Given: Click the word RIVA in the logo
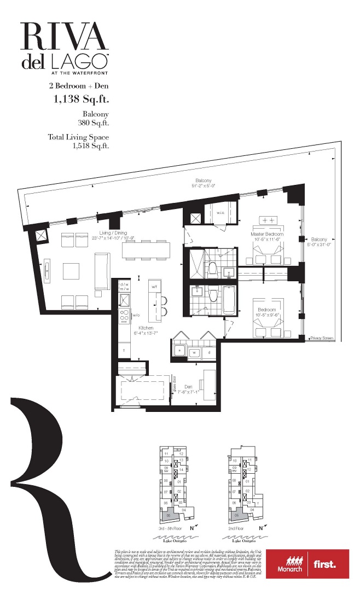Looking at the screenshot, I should click(64, 37).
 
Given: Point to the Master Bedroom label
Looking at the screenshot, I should click(266, 234).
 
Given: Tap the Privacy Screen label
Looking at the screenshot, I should click(321, 338).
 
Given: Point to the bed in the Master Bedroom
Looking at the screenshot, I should click(268, 254).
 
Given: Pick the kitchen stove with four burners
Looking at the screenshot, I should click(124, 316).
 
